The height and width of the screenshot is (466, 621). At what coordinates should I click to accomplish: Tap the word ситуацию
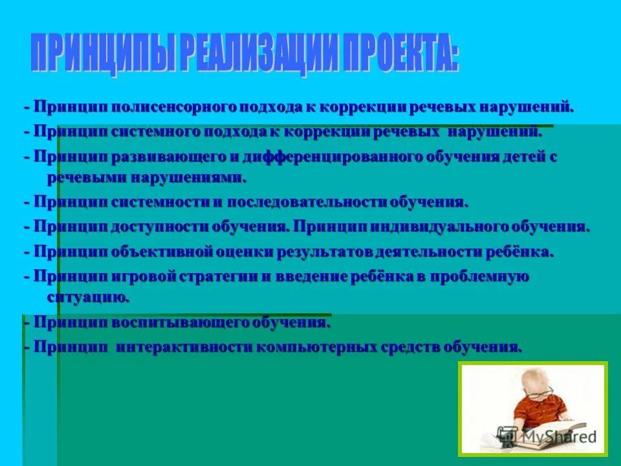[x=88, y=297]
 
